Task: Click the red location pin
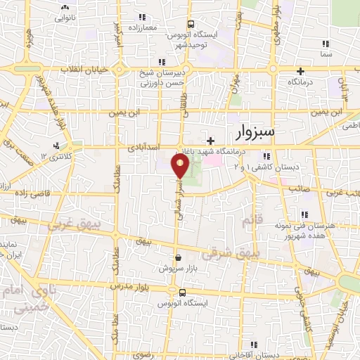180,166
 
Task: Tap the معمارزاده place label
143,27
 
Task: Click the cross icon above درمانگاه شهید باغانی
210,141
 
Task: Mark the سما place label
325,53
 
